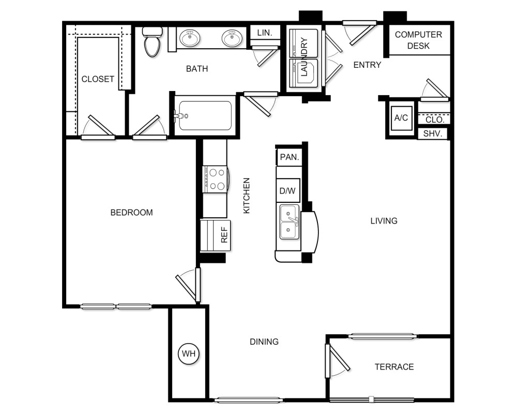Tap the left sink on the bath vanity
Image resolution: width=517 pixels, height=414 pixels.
[x=190, y=38]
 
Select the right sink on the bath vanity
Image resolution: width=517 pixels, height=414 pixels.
[x=232, y=38]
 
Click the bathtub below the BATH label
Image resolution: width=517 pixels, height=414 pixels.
[x=205, y=115]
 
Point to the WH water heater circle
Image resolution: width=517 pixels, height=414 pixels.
[x=189, y=353]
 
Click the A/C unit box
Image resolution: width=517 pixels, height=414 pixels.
[x=401, y=117]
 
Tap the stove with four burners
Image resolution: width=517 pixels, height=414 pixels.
[x=215, y=180]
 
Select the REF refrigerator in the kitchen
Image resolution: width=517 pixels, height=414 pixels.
[x=215, y=235]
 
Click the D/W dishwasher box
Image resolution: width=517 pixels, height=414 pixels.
[x=288, y=190]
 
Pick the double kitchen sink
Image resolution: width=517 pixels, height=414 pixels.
[x=290, y=222]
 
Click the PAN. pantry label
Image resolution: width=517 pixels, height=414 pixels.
[x=290, y=157]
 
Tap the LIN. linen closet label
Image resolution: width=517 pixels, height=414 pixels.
[x=265, y=33]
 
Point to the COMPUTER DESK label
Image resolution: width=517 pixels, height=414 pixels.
[x=418, y=40]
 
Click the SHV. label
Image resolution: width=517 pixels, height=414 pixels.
[x=433, y=134]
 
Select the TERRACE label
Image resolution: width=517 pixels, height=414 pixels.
[x=394, y=367]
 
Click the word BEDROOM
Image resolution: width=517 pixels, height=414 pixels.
[x=131, y=212]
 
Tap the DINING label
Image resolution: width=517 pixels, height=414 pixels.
[x=264, y=342]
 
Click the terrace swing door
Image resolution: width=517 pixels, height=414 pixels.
[x=337, y=360]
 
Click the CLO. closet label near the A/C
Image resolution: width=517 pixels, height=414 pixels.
[x=435, y=120]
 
